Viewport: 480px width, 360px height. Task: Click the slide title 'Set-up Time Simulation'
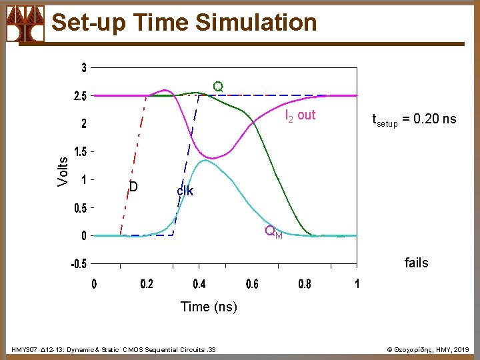184,23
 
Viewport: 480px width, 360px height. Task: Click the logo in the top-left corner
25,23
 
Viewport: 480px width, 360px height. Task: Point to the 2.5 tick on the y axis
79,96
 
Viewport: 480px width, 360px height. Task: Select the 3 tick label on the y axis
84,68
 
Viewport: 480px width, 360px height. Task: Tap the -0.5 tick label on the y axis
78,263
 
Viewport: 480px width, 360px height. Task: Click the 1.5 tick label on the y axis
79,152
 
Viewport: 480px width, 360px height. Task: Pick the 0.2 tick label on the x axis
146,284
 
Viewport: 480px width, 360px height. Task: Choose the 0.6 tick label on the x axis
251,284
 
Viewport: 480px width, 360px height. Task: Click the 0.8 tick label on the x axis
304,284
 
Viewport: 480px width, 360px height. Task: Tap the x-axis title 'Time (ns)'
209,307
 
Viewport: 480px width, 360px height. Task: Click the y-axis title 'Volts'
63,171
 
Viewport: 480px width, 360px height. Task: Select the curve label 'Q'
218,87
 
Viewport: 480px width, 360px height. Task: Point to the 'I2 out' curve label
300,115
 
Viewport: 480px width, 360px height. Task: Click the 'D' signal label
133,187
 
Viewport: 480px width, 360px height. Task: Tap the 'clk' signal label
185,191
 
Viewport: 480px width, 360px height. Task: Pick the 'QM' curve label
273,232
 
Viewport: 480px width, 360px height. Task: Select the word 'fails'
416,263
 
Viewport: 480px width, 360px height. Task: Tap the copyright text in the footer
429,349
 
